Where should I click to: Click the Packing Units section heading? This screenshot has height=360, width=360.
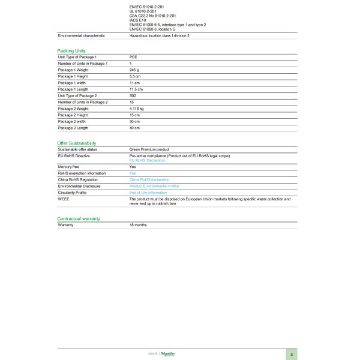[x=71, y=51]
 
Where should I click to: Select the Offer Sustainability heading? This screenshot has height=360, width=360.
[x=76, y=143]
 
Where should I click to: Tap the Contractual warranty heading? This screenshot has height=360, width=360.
[x=78, y=219]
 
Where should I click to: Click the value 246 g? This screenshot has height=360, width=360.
[x=134, y=70]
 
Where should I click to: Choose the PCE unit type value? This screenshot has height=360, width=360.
[x=133, y=56]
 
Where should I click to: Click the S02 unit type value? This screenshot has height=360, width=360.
[x=133, y=95]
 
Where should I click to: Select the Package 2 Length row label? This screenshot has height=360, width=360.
[x=73, y=128]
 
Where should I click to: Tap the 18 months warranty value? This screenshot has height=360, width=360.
[x=138, y=224]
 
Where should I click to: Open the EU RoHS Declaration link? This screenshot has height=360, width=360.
[x=148, y=160]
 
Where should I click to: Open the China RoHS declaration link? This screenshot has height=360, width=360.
[x=149, y=179]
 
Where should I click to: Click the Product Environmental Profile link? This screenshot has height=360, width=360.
[x=154, y=186]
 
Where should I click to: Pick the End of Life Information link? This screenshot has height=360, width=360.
[x=148, y=193]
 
